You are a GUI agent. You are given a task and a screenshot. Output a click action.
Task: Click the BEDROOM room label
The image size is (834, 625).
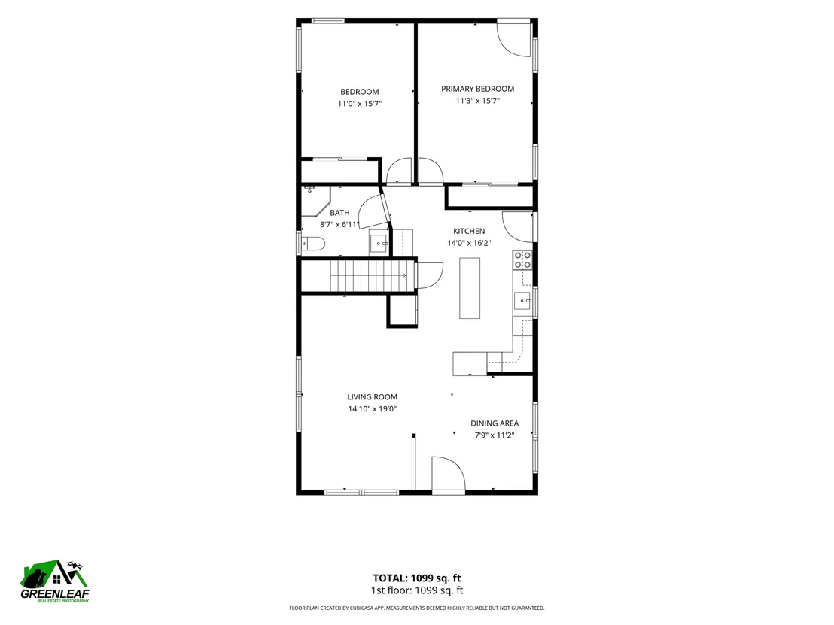tap(360, 92)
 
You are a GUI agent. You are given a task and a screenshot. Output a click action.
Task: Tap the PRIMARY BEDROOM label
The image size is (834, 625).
tap(478, 89)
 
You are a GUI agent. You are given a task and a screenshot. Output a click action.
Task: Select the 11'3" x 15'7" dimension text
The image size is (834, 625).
tap(478, 101)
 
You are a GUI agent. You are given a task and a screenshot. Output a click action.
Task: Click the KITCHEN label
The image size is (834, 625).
tap(469, 231)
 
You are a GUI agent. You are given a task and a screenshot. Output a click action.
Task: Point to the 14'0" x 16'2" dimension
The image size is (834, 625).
tap(469, 244)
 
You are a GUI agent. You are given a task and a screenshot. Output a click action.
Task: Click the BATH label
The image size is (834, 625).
tap(340, 213)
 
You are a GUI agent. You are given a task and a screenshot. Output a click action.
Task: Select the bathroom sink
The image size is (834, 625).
tap(379, 244)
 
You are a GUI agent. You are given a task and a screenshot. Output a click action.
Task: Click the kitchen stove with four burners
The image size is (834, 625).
tap(522, 260)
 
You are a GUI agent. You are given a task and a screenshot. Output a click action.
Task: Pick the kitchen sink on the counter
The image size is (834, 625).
tap(522, 301)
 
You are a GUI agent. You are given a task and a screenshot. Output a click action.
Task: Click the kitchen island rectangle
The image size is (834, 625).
tap(470, 288)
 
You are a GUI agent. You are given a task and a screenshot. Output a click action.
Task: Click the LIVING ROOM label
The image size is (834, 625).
tap(373, 397)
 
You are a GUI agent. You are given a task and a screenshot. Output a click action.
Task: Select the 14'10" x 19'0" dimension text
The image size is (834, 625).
tap(373, 409)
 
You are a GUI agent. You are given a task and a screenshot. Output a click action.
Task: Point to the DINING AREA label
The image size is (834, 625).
tap(495, 423)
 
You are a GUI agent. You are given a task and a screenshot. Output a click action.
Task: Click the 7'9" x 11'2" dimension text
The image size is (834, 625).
tap(495, 435)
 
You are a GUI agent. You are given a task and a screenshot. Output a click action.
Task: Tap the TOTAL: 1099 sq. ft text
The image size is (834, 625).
tap(417, 578)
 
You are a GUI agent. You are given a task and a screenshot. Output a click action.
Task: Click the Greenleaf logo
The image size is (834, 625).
tap(55, 581)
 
